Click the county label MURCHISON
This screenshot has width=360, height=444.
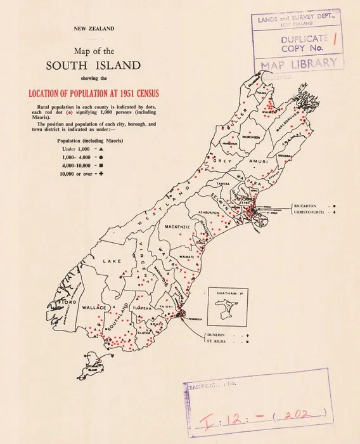(x=236, y=135)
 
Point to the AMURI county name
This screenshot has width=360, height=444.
(x=258, y=162)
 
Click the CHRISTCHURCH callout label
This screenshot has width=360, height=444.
(x=312, y=213)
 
